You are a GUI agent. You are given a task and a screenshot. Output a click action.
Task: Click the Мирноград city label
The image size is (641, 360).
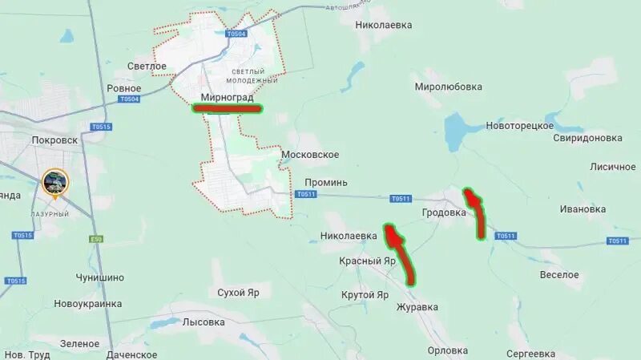tap(226, 98)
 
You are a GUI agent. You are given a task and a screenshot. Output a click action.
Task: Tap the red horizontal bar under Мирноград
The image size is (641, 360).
tap(228, 108)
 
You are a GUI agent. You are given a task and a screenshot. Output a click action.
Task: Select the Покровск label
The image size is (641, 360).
tap(54, 140)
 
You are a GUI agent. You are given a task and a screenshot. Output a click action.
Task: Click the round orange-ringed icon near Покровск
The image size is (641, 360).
tap(55, 182)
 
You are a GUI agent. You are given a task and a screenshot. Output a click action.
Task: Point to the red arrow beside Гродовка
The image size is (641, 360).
tap(477, 212)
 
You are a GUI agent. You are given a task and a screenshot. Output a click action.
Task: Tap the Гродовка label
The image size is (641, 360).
tap(444, 212)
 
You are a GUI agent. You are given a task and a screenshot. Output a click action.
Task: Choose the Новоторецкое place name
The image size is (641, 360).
tap(520, 126)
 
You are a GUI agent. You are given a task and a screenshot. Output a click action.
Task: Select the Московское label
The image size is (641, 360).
tap(310, 154)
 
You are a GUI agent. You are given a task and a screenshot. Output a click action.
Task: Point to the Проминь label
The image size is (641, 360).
tap(326, 182)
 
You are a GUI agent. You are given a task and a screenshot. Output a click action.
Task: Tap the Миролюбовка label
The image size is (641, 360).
tap(449, 86)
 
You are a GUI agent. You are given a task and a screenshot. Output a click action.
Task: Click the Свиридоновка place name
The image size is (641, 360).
tap(588, 138)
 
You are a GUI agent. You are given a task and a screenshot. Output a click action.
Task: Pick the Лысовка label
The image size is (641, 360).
tap(204, 322)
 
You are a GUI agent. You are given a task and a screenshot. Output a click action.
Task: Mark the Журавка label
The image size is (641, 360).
tap(417, 307)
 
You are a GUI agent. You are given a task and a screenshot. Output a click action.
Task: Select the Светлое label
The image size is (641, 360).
tap(147, 66)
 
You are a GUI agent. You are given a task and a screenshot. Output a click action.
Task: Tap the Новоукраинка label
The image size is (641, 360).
tap(88, 304)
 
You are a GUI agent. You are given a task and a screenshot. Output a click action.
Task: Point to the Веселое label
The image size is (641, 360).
tap(559, 275)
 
